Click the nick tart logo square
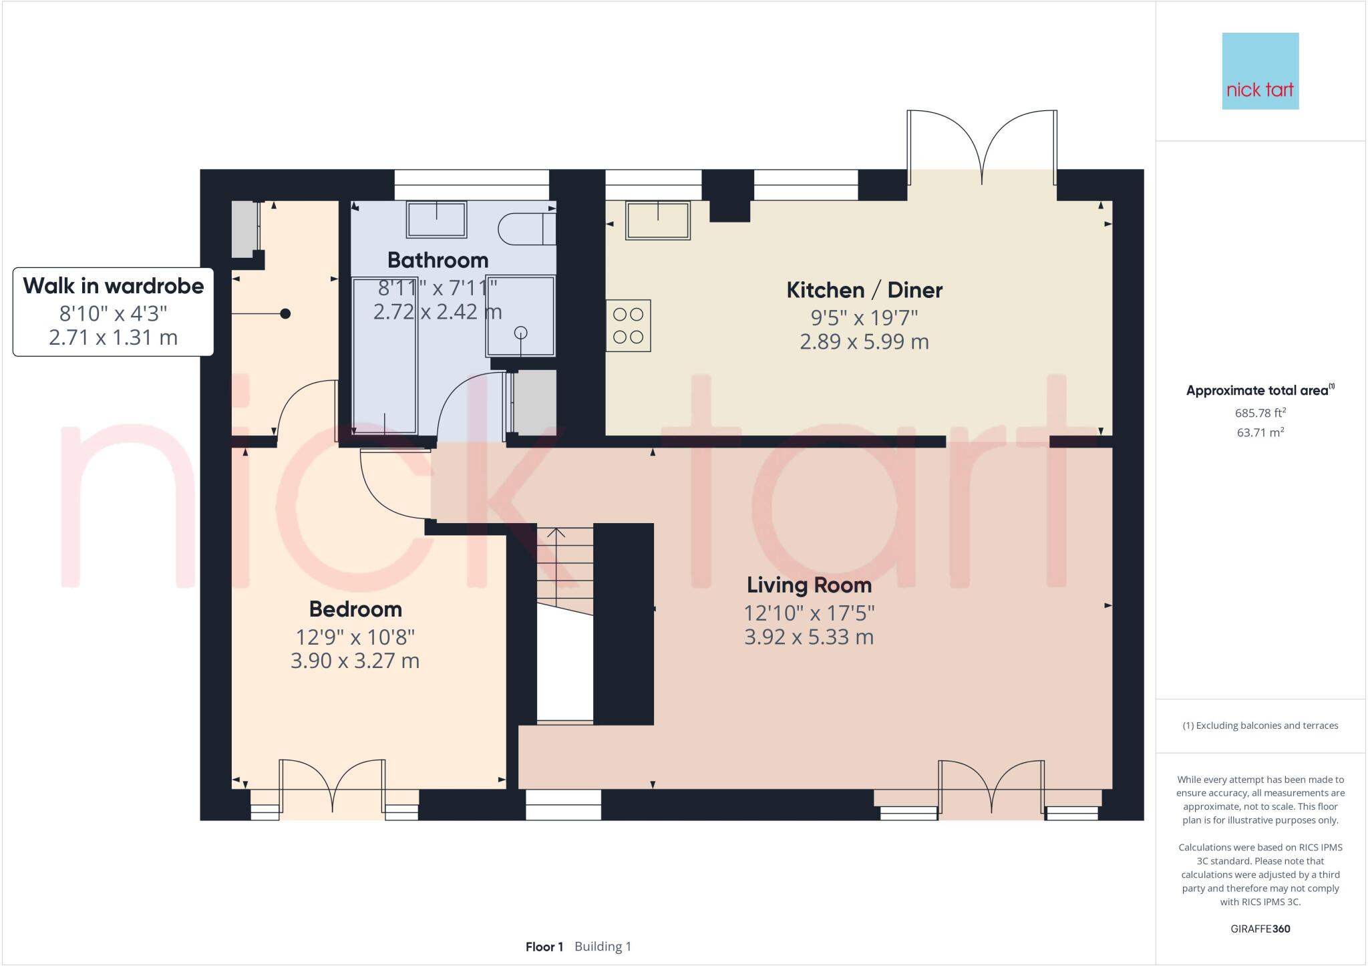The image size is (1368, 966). click(1260, 71)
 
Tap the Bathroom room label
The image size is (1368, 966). click(438, 260)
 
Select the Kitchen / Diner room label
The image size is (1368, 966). click(864, 290)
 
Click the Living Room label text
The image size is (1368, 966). click(809, 585)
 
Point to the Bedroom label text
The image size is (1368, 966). click(355, 609)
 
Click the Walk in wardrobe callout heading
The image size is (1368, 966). click(114, 286)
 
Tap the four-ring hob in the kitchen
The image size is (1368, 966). click(628, 325)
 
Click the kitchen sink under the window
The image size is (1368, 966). click(657, 220)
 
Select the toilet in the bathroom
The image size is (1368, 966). click(526, 228)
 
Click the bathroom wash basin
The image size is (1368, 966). click(436, 219)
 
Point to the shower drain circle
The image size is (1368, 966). click(521, 333)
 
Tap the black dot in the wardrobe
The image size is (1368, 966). click(285, 313)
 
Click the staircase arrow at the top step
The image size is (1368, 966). click(556, 532)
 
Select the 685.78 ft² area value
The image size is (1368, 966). click(1260, 414)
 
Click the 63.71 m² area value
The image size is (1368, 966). click(1260, 433)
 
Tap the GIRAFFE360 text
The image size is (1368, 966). click(1260, 929)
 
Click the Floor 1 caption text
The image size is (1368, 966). click(544, 947)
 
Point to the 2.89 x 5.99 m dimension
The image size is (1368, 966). click(864, 342)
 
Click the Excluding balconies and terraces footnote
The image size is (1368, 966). click(1260, 726)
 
